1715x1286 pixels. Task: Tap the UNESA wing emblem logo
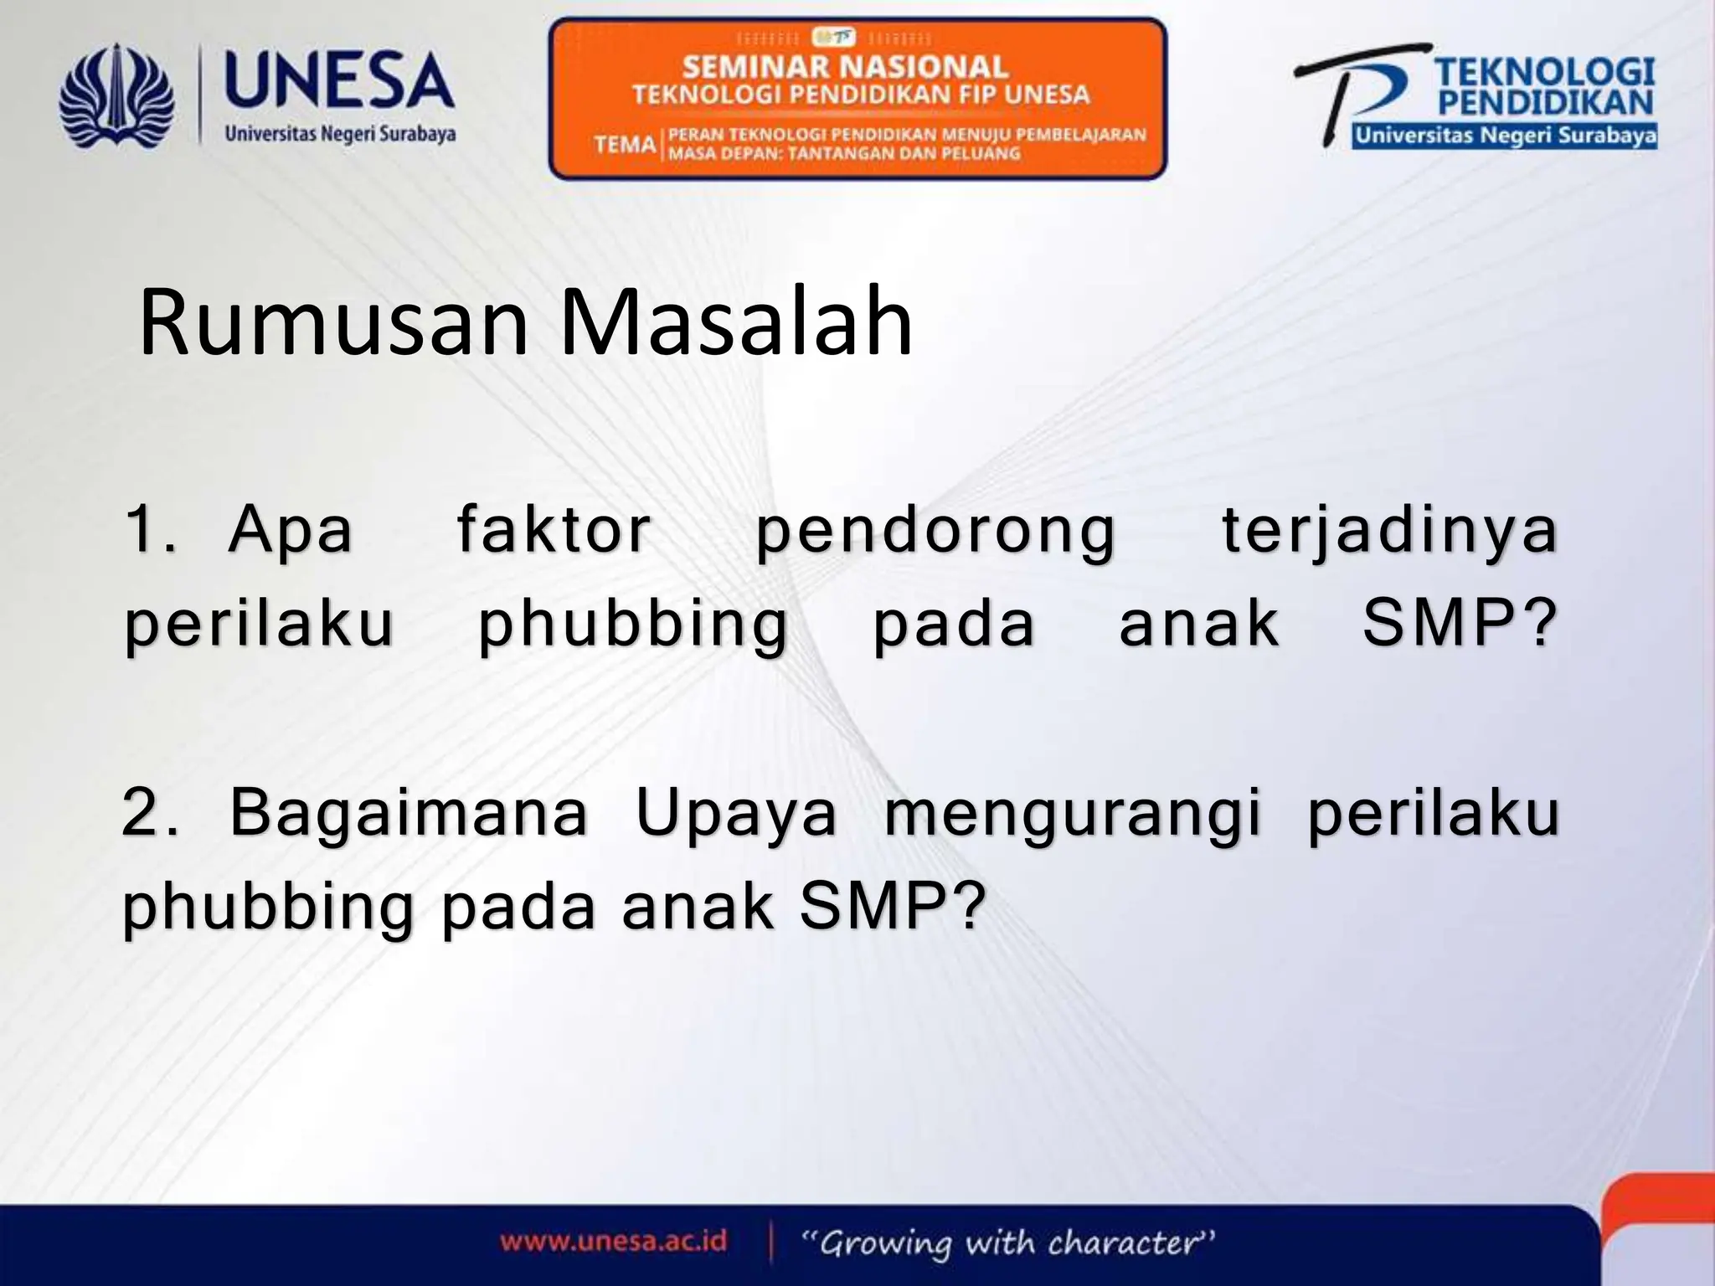pos(116,97)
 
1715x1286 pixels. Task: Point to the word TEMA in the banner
pos(625,145)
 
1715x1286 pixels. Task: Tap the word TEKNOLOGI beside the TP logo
pos(1545,72)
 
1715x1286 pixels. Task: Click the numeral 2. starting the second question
pos(150,813)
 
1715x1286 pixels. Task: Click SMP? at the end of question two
pos(889,908)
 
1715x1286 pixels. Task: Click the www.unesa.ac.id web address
pos(613,1240)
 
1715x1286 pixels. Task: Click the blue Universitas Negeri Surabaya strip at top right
pos(1504,136)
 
